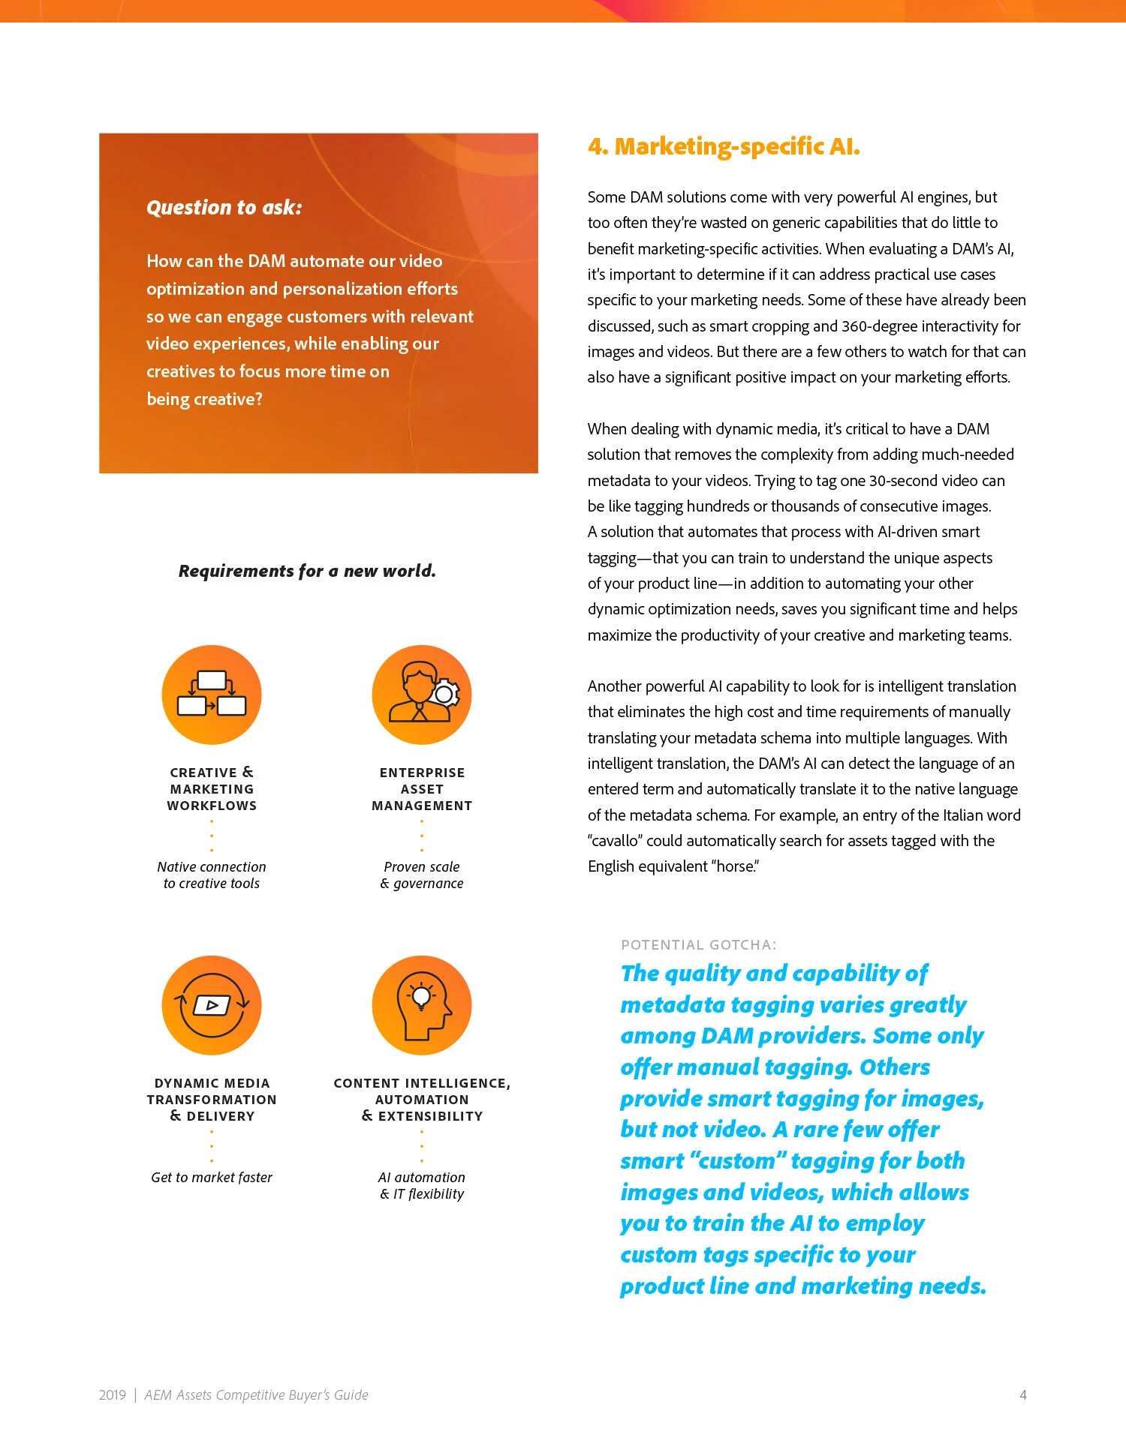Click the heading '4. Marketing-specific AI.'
click(x=723, y=146)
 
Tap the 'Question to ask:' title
click(x=224, y=208)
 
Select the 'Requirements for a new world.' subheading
click(x=307, y=571)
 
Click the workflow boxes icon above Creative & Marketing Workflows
click(x=212, y=695)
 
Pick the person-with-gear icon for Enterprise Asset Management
click(x=422, y=695)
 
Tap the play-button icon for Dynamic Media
click(x=212, y=1005)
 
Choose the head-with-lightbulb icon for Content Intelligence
click(x=422, y=1005)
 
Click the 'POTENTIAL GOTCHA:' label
click(x=698, y=945)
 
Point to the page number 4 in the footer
click(x=1022, y=1395)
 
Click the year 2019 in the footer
click(x=113, y=1395)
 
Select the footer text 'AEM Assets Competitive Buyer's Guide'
click(x=256, y=1395)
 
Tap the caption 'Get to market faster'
click(x=212, y=1178)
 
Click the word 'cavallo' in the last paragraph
click(x=613, y=841)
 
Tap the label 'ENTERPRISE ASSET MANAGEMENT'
click(x=422, y=789)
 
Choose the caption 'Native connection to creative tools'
click(x=212, y=875)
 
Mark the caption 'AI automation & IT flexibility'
click(x=422, y=1186)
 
